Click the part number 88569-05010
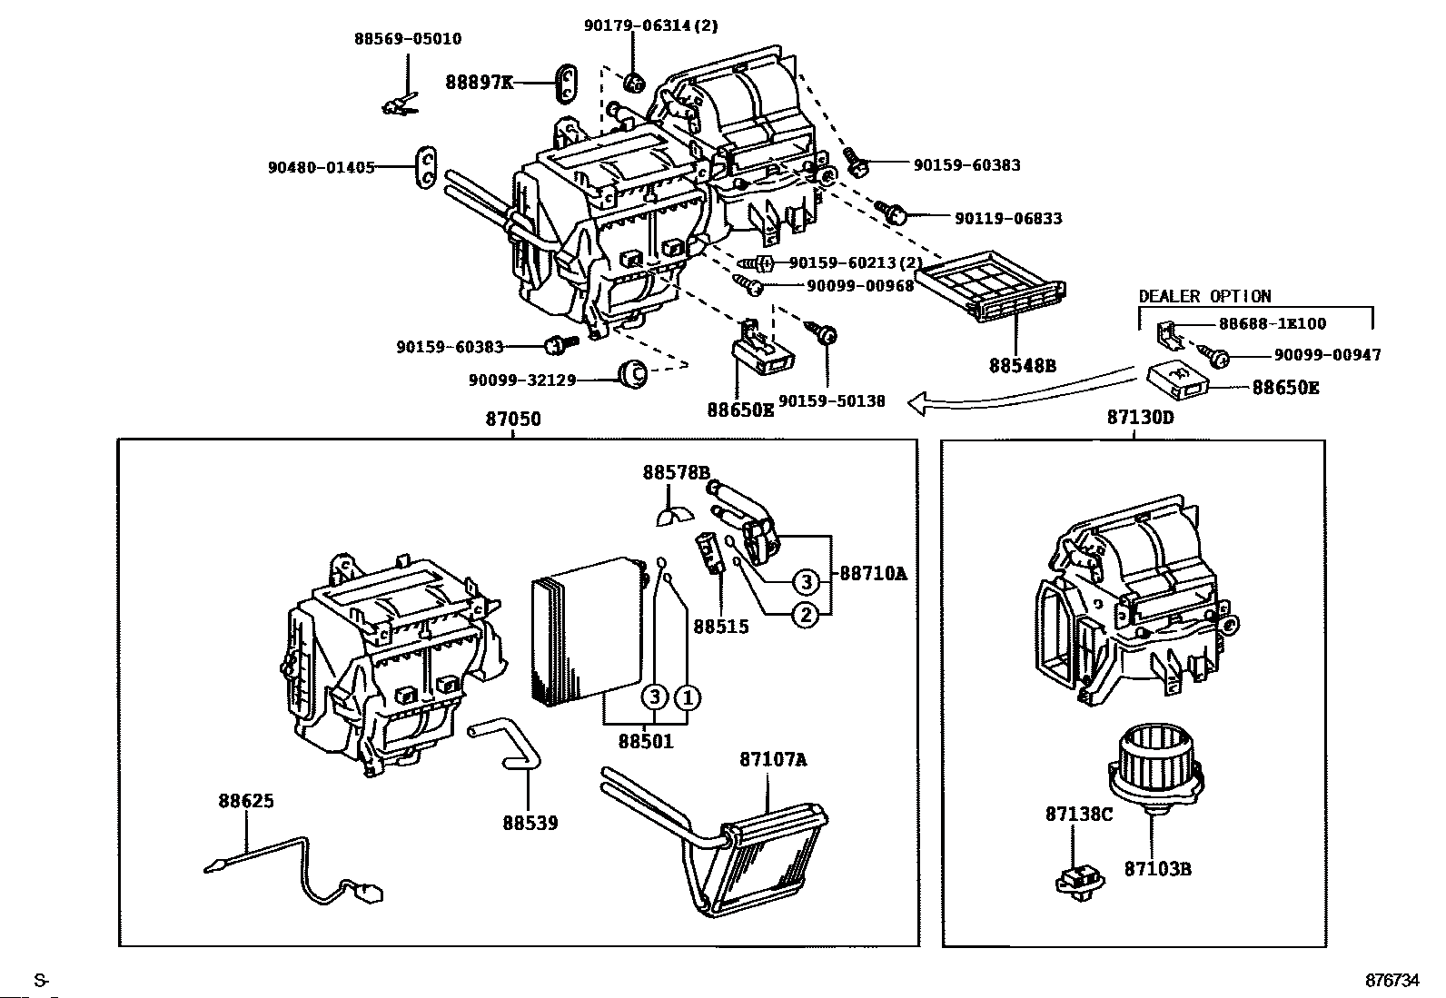point(407,39)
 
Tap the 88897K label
point(479,83)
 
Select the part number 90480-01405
point(321,167)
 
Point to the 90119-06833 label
point(1007,218)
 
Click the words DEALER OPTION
point(1204,296)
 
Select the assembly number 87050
point(513,419)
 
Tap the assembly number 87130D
point(1140,418)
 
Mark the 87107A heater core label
point(772,759)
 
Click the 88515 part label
point(721,627)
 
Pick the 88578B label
point(676,472)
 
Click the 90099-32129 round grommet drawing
point(631,373)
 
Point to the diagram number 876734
point(1392,981)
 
